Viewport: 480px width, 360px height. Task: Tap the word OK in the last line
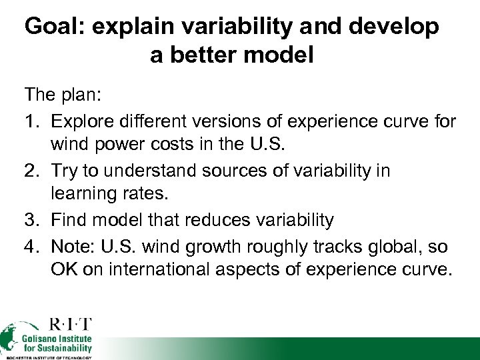pyautogui.click(x=64, y=270)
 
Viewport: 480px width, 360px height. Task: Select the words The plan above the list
pyautogui.click(x=62, y=97)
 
